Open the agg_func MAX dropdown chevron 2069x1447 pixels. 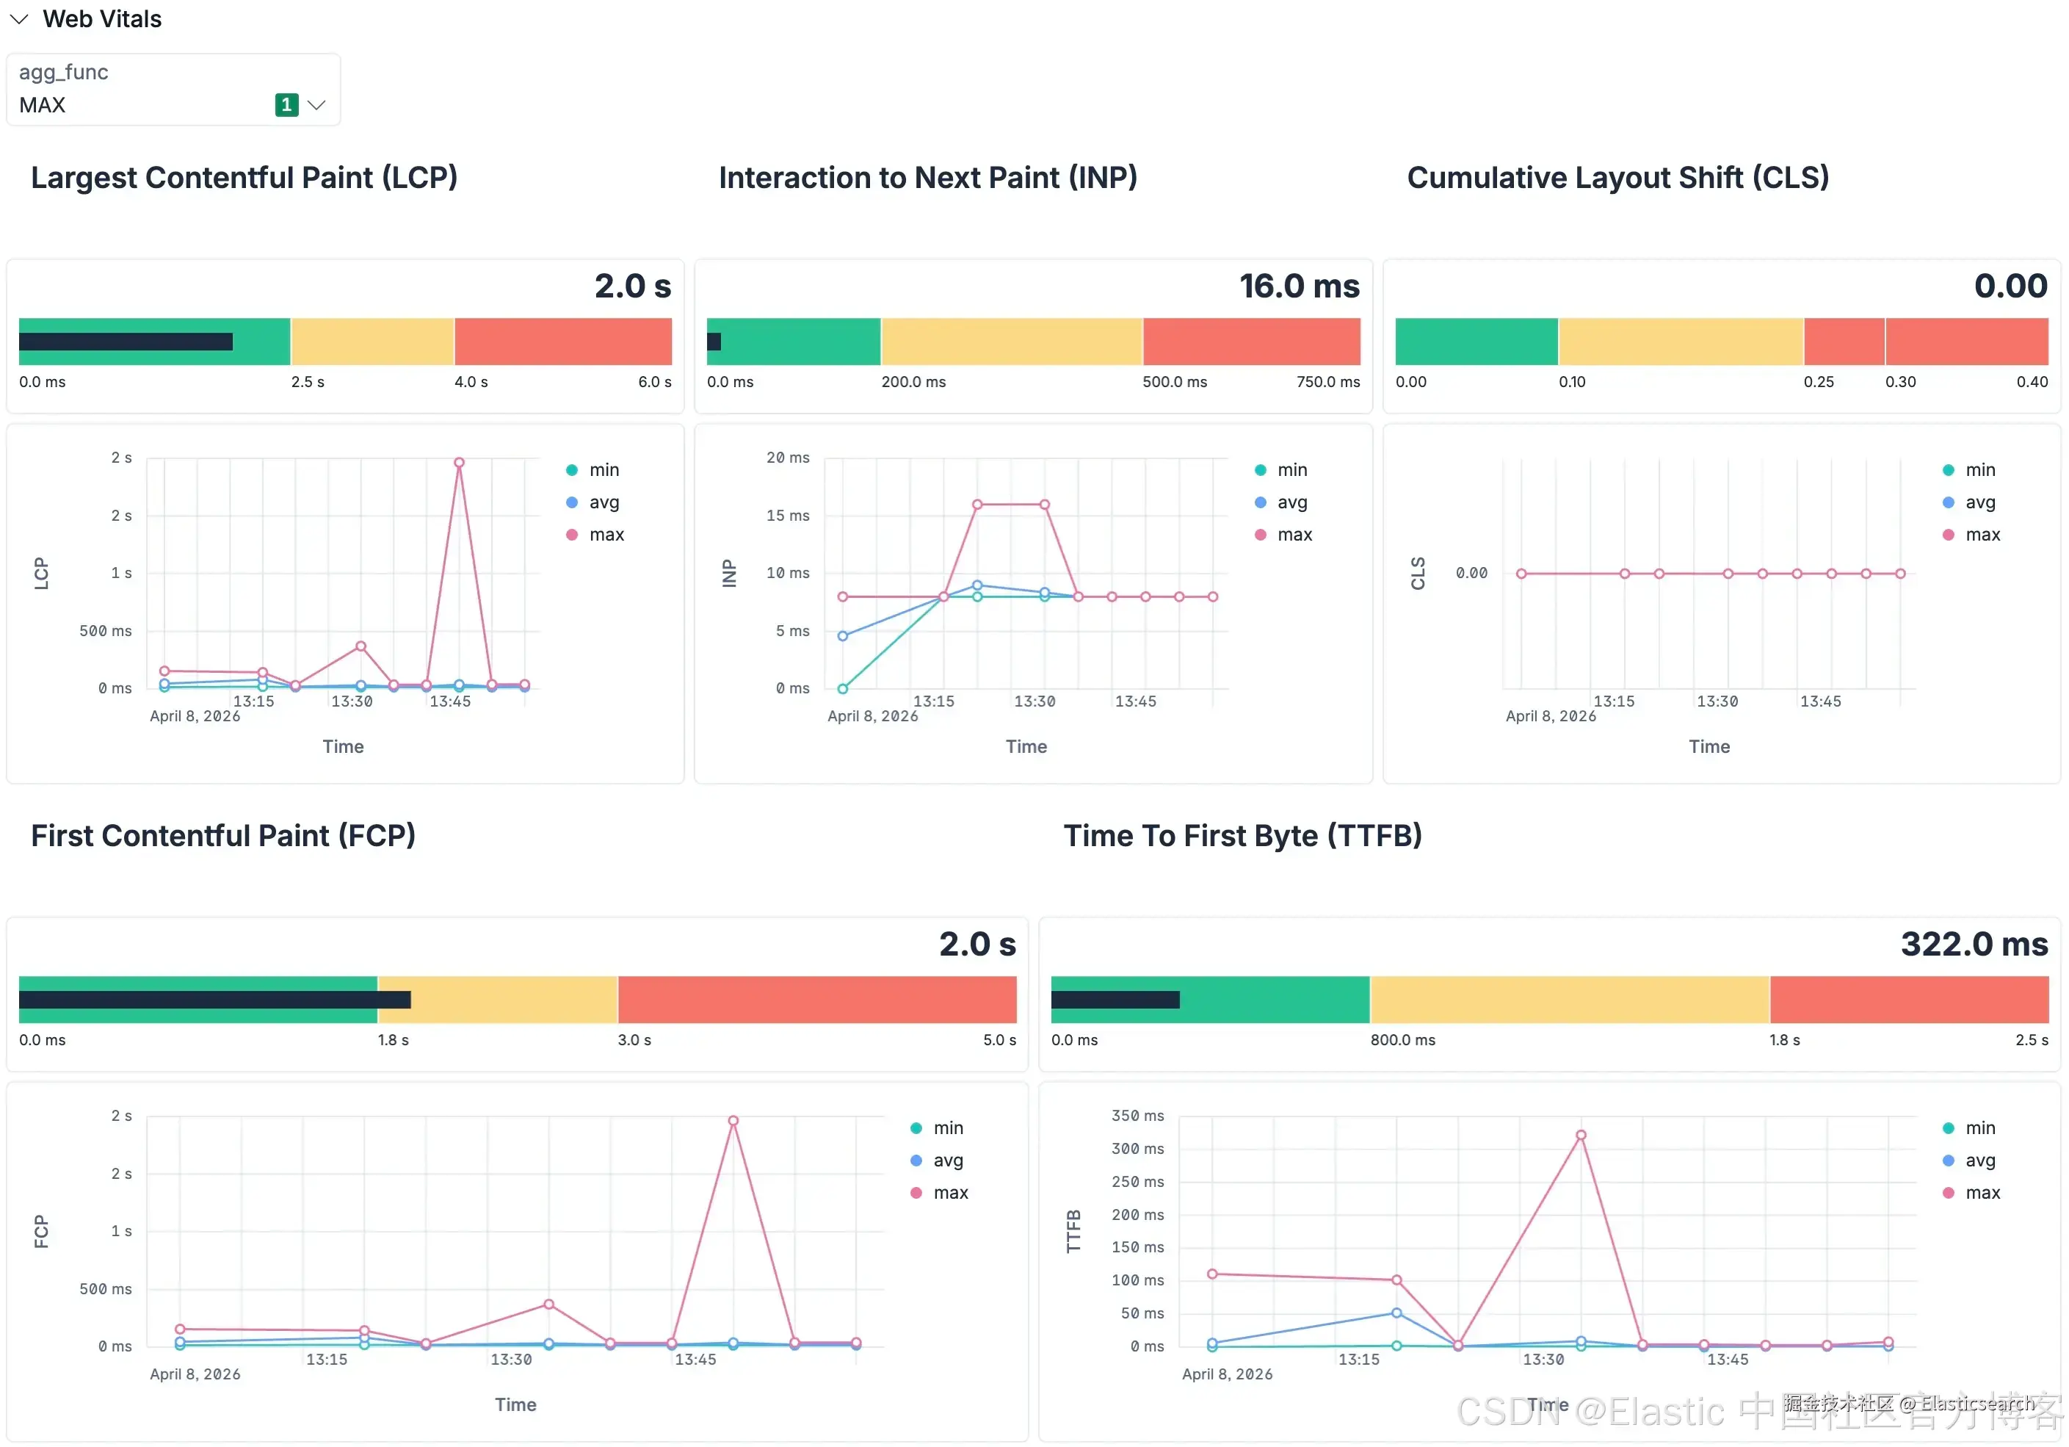point(316,106)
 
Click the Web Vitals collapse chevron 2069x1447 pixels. point(19,19)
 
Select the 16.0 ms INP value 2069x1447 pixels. point(1299,286)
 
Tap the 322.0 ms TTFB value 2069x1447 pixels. point(1974,945)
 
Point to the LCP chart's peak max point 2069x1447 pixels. point(459,463)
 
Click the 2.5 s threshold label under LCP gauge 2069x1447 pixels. point(308,382)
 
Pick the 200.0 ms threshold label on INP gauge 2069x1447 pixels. point(913,382)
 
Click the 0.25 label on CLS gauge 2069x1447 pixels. point(1819,382)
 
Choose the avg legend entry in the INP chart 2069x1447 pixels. point(1291,502)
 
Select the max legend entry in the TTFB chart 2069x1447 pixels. point(1982,1193)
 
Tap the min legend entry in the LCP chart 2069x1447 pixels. point(604,469)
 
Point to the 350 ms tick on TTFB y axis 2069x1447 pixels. point(1137,1116)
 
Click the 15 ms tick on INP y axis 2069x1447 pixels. point(788,516)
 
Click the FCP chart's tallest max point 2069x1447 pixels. point(733,1121)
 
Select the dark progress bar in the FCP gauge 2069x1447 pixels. point(214,1000)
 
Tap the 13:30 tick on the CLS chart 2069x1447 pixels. point(1717,701)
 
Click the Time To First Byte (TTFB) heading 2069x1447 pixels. point(1242,836)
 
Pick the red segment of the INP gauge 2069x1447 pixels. point(1251,342)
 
